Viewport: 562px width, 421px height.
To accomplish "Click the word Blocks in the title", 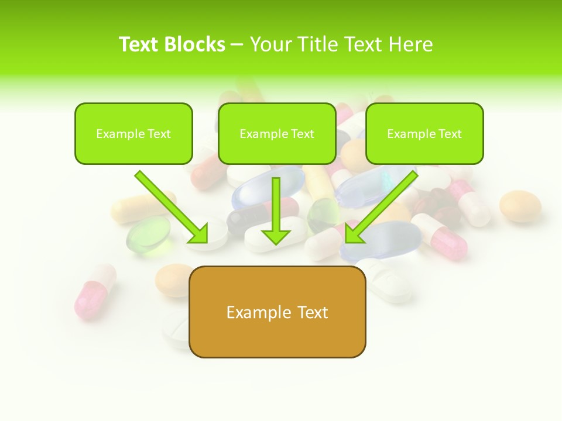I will [196, 44].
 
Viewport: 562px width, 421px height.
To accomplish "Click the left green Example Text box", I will [133, 133].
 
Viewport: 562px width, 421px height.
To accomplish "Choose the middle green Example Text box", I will [277, 133].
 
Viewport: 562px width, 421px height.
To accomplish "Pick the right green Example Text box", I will [424, 133].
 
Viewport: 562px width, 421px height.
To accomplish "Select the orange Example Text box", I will [277, 312].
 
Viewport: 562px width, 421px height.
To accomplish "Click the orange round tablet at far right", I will [520, 206].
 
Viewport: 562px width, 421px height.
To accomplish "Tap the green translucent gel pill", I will [148, 236].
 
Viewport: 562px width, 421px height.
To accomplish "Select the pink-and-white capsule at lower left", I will [94, 291].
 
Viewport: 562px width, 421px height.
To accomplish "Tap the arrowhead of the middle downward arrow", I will [276, 236].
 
